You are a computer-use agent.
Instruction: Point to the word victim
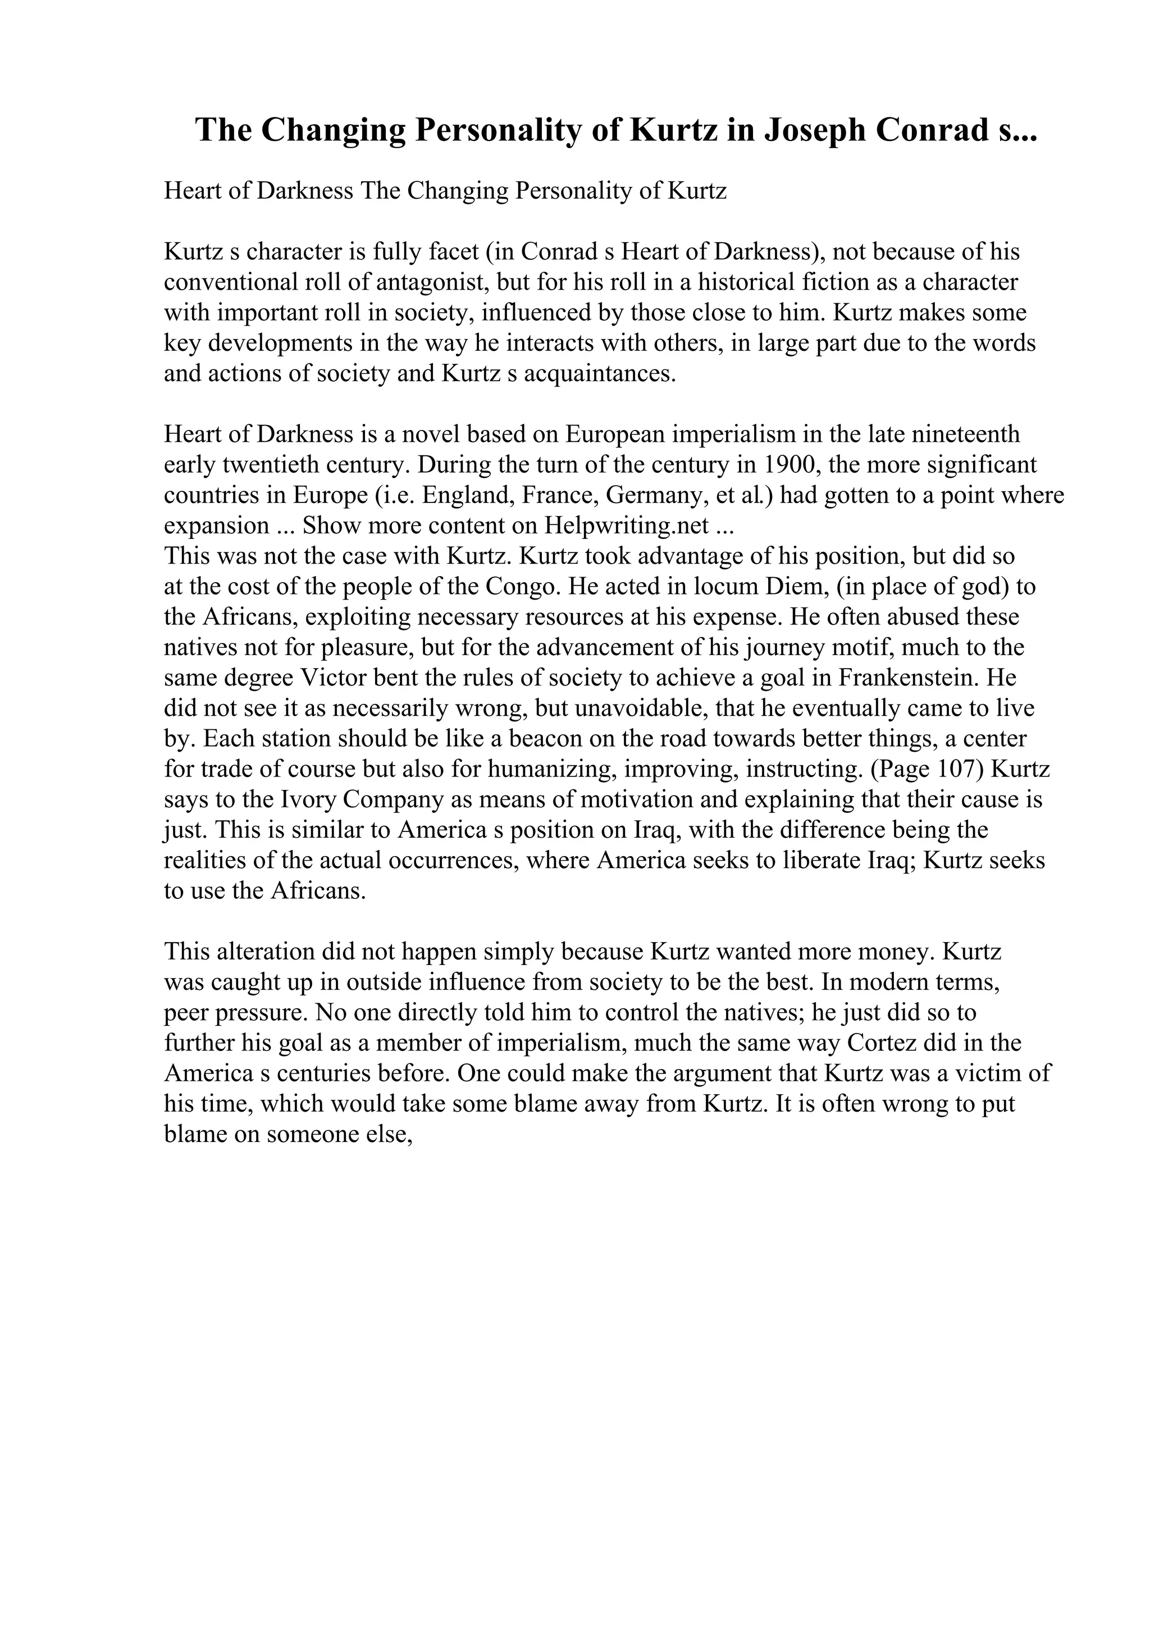(991, 1073)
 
